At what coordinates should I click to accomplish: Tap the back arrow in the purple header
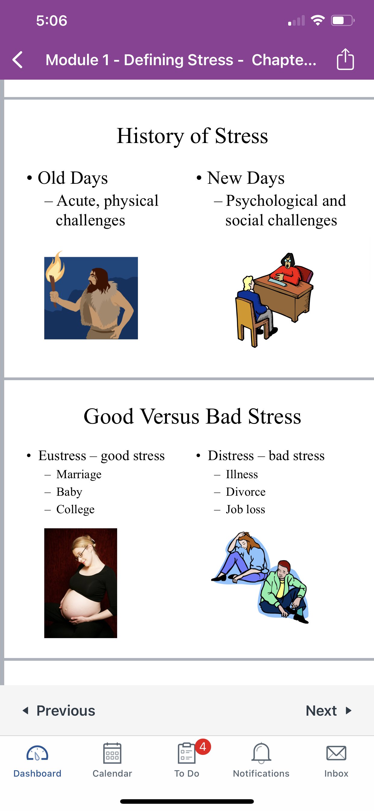pos(17,60)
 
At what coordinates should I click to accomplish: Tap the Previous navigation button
pos(59,711)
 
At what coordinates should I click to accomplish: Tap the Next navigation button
pos(329,711)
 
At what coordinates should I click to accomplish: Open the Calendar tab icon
pos(112,753)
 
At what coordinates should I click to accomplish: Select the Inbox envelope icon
pos(336,753)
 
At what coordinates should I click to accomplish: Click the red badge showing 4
pos(203,746)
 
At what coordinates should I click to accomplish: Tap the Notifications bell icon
pos(261,753)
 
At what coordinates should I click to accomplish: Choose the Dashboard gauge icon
pos(37,753)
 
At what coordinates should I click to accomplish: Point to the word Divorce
pos(246,492)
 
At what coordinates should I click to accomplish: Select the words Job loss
pos(245,509)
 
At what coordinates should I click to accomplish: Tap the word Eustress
pos(62,456)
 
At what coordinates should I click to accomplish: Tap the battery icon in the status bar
pos(343,21)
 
